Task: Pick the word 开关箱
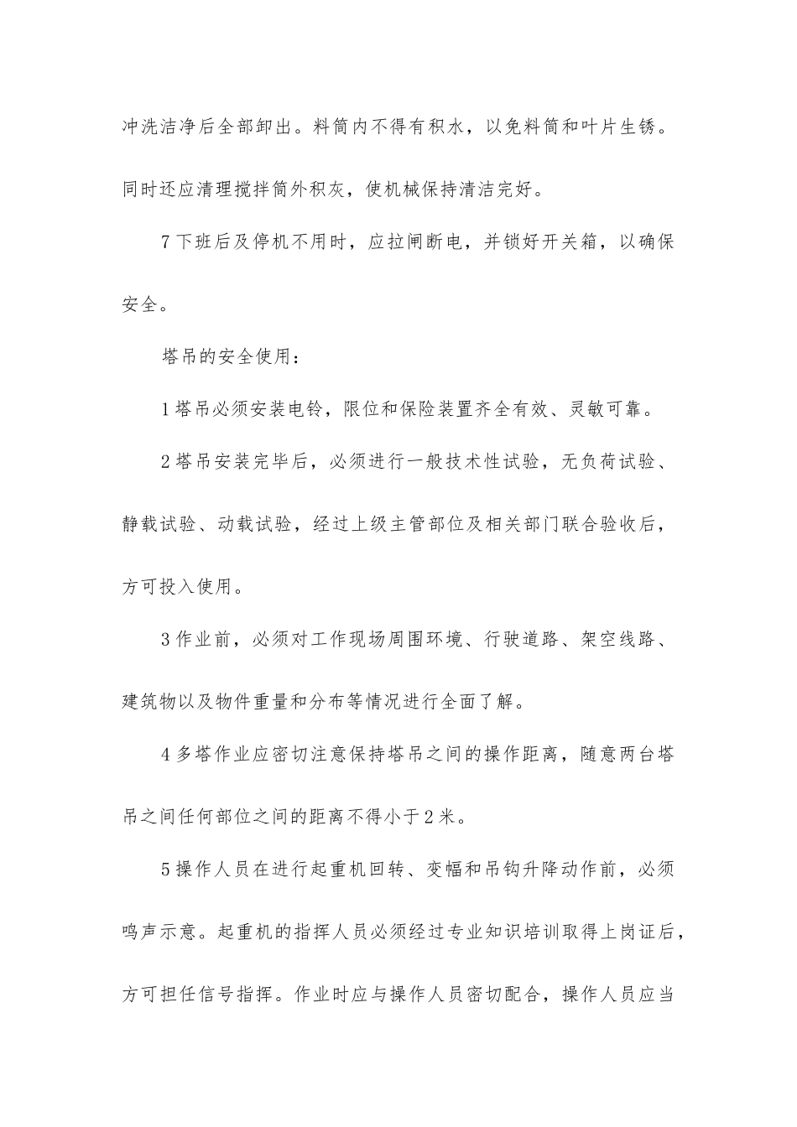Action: coord(576,243)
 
